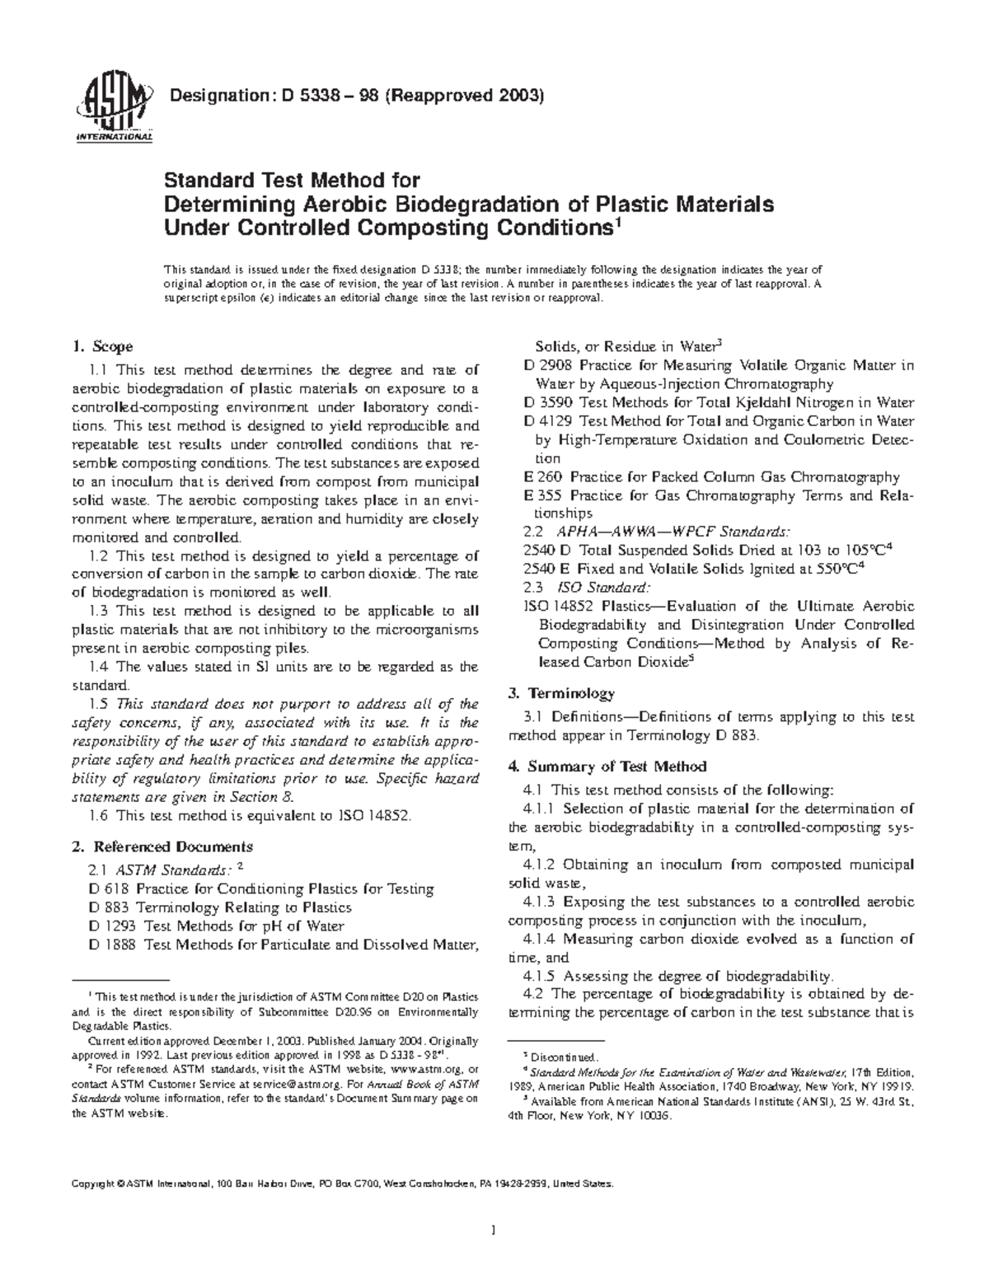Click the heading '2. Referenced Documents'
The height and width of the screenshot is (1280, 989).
[x=162, y=846]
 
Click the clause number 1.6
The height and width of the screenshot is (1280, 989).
[x=99, y=816]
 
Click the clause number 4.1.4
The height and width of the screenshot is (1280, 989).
[x=541, y=939]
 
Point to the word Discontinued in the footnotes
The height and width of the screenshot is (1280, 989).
[x=560, y=1057]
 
